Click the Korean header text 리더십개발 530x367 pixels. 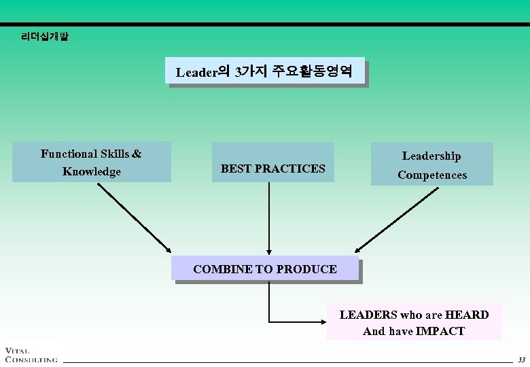(x=45, y=37)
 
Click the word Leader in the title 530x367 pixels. (x=196, y=71)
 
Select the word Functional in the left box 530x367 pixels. (x=69, y=154)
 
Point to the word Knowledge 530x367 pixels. (x=91, y=171)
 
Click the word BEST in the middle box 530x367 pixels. (x=236, y=169)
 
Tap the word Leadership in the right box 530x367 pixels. (x=431, y=156)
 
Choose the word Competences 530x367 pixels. (x=432, y=175)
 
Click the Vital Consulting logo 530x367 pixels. (x=30, y=353)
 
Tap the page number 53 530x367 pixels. (x=521, y=359)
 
